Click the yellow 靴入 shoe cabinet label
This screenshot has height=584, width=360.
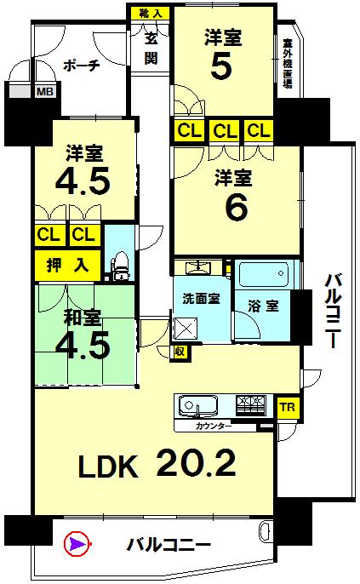tap(151, 13)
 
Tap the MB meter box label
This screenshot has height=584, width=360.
tap(45, 91)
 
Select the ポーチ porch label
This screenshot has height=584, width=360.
tap(81, 66)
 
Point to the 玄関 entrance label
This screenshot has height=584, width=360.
tap(151, 49)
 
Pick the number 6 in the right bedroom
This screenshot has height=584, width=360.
tap(237, 208)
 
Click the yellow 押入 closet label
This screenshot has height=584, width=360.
tap(68, 266)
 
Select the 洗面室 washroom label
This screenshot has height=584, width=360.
tap(201, 298)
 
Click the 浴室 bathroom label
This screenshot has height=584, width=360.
tap(264, 306)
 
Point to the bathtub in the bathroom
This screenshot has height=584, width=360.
tap(264, 274)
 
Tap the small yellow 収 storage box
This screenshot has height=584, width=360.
tap(180, 352)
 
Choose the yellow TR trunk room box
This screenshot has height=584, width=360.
tap(288, 407)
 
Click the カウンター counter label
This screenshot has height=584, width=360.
tap(214, 427)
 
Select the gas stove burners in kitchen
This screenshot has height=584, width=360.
tap(251, 404)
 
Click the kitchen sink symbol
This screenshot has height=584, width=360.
tap(198, 405)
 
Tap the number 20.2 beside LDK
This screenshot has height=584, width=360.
tap(196, 463)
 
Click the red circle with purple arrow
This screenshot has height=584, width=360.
tap(77, 544)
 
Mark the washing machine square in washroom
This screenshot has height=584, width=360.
tap(186, 328)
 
